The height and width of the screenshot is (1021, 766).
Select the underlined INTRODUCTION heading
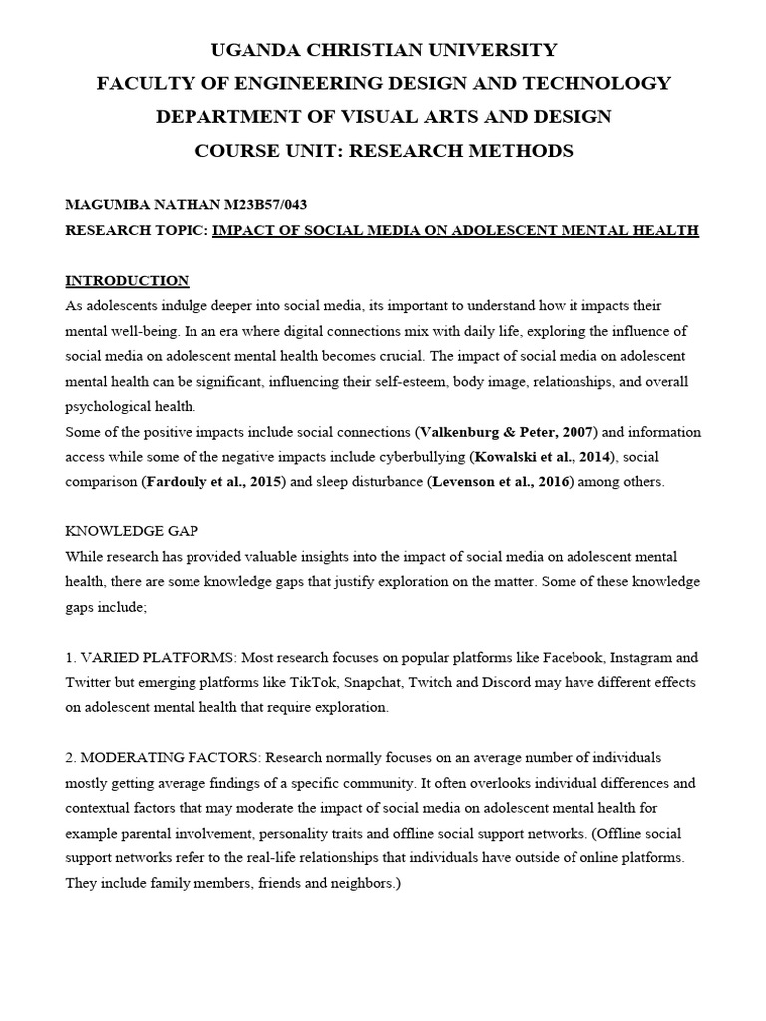pos(127,280)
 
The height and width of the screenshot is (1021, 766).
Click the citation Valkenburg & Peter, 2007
pos(505,432)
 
